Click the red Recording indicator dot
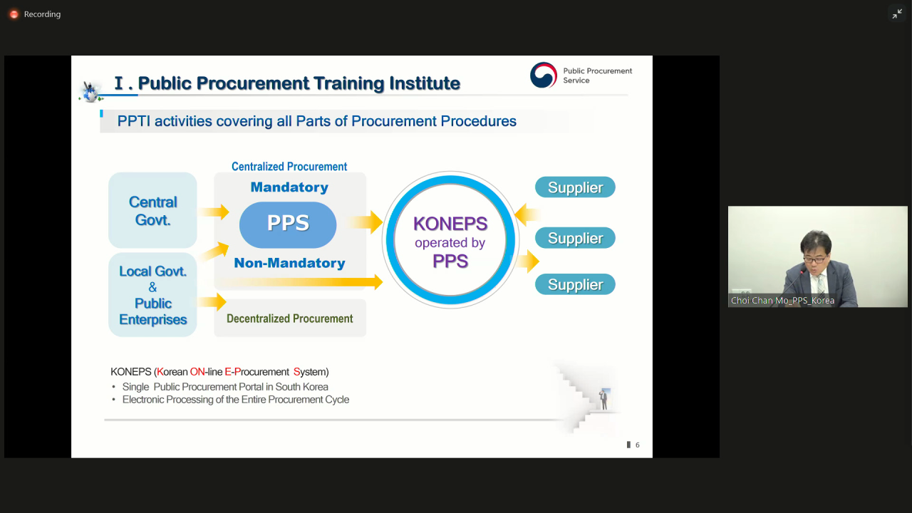(14, 14)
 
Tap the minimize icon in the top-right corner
(897, 14)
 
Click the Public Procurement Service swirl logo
(544, 75)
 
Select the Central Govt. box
(152, 210)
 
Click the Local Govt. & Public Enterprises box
(152, 295)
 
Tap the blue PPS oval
(288, 224)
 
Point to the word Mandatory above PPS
(289, 187)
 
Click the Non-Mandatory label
(289, 263)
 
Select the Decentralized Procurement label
(290, 318)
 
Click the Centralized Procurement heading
(289, 167)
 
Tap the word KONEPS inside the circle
(450, 224)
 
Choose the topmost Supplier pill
(575, 187)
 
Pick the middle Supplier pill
(575, 238)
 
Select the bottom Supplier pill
(575, 284)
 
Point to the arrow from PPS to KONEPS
(365, 222)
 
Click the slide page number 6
(638, 445)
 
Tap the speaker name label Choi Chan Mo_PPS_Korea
(782, 301)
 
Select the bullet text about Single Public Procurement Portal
(225, 387)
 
